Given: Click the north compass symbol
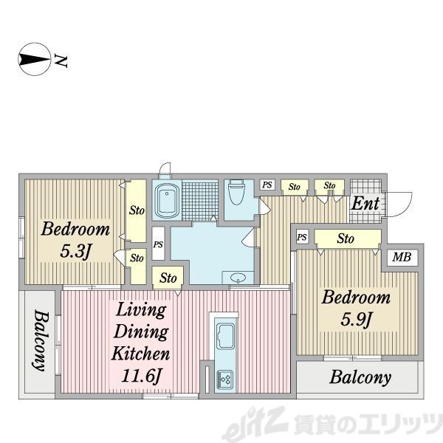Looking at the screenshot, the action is (35, 59).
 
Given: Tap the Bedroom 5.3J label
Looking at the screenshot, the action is (75, 240).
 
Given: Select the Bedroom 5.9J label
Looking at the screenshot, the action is (356, 309).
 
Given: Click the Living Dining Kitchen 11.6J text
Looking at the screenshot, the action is (141, 343).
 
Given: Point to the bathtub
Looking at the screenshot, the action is (167, 199).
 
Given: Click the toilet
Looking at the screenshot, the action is (236, 192).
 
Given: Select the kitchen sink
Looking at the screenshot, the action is (225, 337).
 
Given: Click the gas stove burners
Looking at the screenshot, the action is (225, 380).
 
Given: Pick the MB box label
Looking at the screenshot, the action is (402, 257).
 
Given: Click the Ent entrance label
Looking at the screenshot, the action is (365, 203).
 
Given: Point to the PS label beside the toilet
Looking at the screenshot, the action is (267, 185).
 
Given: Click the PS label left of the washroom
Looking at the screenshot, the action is (158, 244).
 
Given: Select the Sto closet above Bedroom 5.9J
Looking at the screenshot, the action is (346, 238).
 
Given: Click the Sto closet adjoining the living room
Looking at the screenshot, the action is (168, 278).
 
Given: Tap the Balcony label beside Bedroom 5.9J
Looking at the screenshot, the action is (360, 377).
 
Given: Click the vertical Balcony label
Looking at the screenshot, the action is (40, 340).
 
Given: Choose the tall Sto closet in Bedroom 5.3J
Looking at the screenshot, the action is (137, 210).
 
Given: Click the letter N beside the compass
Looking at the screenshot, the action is (61, 61).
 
